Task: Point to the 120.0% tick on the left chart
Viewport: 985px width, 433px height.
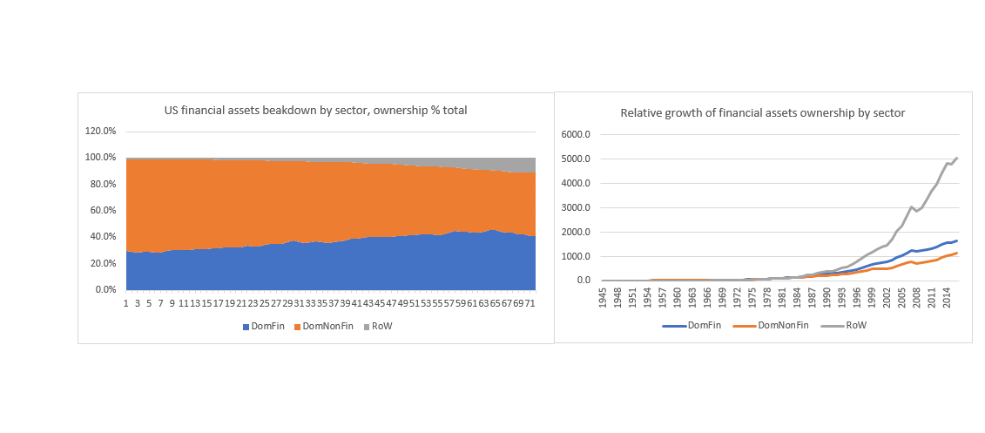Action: [x=99, y=131]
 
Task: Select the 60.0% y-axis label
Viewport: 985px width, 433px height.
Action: [x=101, y=210]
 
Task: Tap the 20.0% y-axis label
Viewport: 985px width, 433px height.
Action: [x=101, y=263]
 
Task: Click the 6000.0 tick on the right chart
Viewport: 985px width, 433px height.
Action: [x=577, y=134]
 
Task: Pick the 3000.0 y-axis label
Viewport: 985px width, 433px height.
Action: [x=577, y=207]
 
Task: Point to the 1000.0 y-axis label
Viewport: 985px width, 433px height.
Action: [x=577, y=256]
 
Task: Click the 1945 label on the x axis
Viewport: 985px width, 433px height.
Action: [x=603, y=297]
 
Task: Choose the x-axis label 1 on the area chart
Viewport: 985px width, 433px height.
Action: [x=126, y=303]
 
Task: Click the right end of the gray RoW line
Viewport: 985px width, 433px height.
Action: [x=958, y=158]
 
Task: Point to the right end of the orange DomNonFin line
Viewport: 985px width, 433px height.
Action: [x=958, y=253]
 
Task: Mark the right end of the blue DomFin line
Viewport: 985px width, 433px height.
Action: [x=958, y=240]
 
